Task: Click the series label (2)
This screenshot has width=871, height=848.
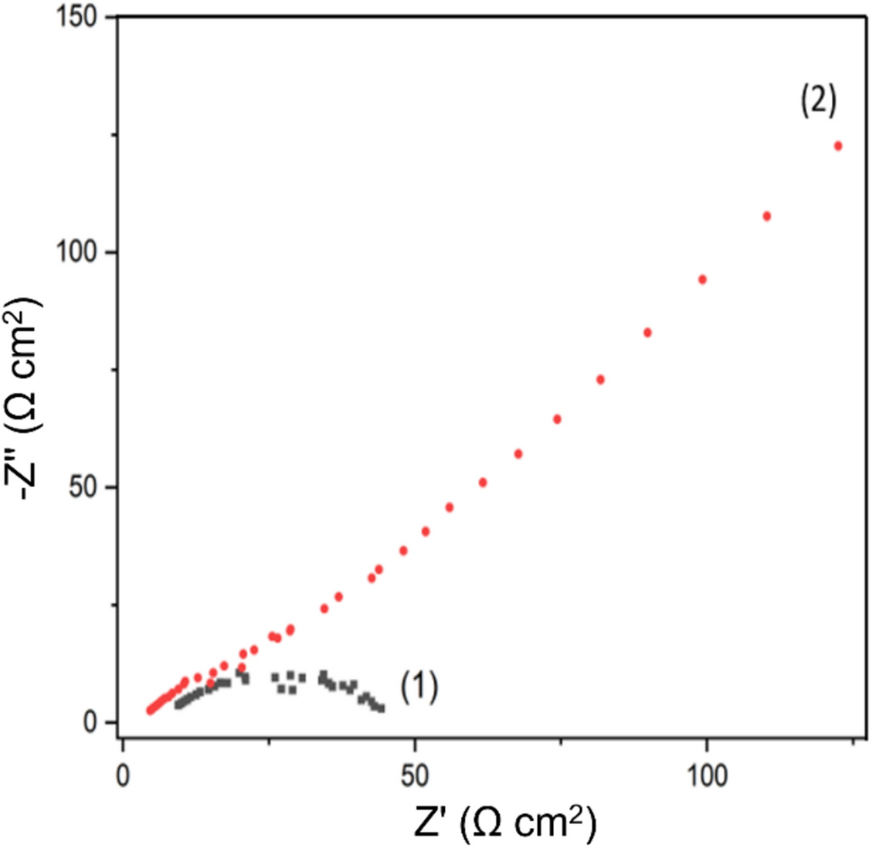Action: [819, 102]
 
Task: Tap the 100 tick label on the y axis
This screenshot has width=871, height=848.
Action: [85, 252]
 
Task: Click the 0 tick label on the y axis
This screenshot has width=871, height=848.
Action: [101, 722]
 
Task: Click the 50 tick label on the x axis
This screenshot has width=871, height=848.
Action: [414, 774]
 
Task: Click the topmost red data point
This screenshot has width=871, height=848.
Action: [838, 146]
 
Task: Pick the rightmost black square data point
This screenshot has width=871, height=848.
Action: [382, 708]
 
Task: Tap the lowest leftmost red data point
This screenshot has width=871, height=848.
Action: [150, 710]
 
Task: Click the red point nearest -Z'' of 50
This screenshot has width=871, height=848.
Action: [483, 483]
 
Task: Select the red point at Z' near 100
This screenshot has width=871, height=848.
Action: [703, 279]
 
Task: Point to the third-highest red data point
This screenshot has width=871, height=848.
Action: [703, 279]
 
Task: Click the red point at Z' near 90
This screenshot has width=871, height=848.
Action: [648, 332]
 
